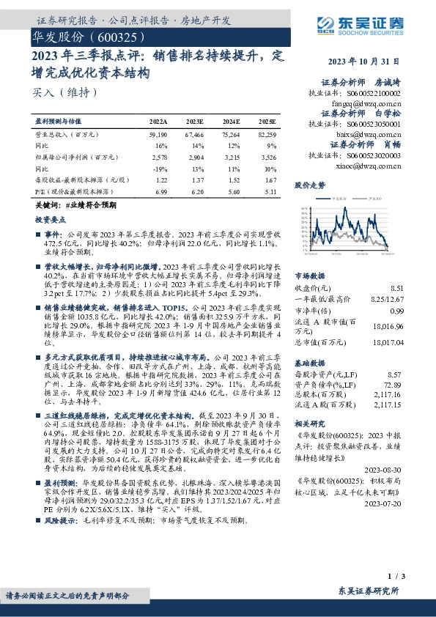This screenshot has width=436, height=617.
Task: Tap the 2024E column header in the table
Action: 231,122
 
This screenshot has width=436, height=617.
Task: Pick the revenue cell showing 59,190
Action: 158,136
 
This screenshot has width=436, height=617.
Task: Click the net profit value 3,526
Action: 270,157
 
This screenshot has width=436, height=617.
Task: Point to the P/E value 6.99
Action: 160,189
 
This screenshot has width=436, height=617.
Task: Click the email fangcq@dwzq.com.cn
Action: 362,105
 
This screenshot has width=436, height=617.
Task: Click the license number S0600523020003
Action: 372,155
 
